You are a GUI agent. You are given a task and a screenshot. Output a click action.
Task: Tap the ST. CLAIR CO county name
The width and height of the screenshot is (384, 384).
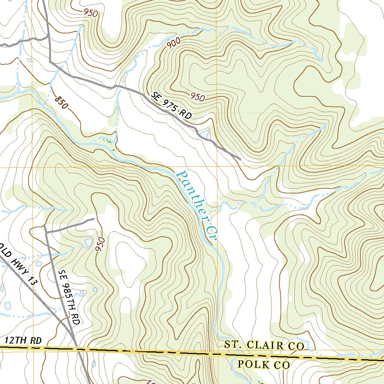264,345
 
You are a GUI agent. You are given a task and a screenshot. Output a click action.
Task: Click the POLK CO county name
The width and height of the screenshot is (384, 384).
264,364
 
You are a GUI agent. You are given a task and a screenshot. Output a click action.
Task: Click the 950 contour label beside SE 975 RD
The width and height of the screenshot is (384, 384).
197,97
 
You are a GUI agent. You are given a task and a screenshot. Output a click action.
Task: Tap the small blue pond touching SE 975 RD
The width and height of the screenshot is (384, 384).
204,133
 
